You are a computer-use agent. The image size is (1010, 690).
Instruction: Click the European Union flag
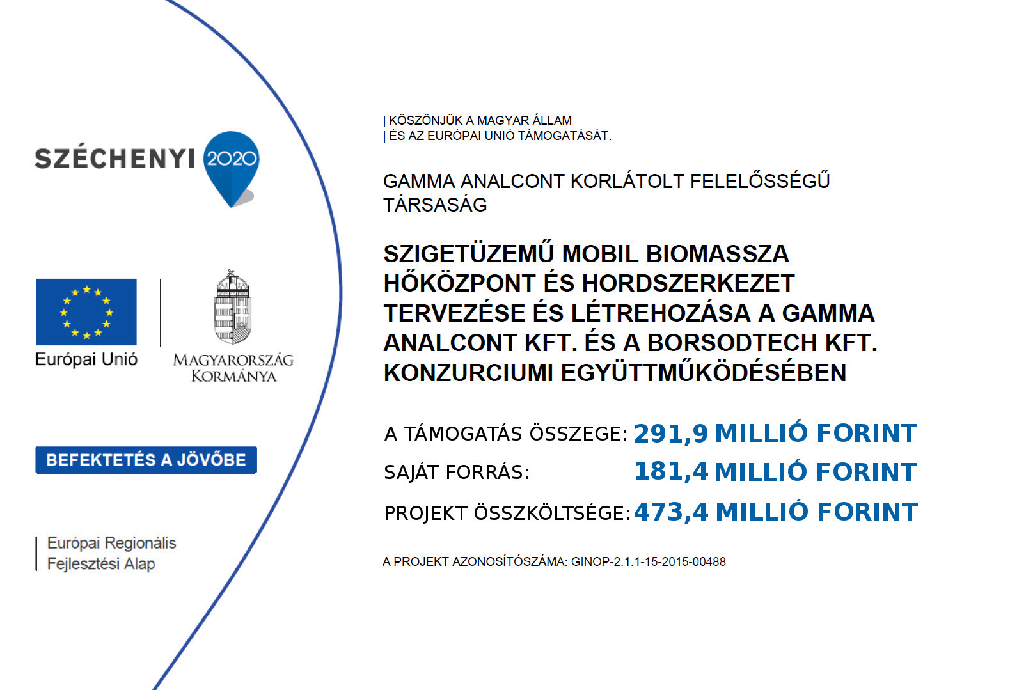(86, 311)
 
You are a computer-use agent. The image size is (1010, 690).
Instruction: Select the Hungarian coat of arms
(232, 308)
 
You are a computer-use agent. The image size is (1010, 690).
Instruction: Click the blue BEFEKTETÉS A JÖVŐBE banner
(146, 460)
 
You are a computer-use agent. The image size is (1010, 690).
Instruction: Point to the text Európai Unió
(86, 359)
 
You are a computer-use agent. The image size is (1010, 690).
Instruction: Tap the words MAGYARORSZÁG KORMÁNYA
(233, 368)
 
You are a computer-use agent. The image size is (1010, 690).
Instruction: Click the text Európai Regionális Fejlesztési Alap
(111, 553)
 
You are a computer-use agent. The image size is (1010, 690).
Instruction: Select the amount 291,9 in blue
(671, 434)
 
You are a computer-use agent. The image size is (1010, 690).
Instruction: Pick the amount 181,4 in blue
(671, 472)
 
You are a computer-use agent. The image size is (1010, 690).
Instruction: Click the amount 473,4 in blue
(671, 512)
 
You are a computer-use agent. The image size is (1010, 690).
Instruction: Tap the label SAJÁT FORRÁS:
(457, 473)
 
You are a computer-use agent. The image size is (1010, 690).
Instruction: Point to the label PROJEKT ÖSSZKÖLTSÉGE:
(507, 513)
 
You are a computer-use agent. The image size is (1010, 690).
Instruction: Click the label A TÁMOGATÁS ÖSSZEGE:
(505, 434)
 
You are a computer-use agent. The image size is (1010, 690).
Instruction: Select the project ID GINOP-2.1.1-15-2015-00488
(648, 562)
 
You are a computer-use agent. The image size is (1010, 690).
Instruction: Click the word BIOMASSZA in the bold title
(718, 254)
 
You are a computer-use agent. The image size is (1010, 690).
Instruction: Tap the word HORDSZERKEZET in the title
(688, 283)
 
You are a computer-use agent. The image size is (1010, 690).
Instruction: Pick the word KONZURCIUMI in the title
(468, 373)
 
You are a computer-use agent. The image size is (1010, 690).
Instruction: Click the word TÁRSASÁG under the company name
(435, 205)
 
